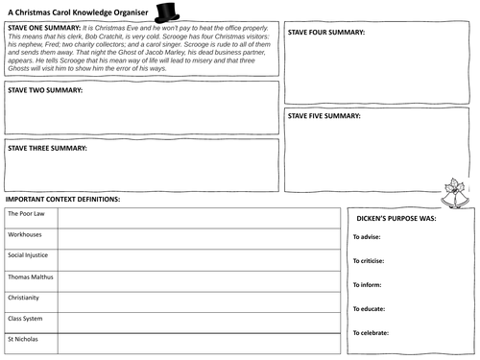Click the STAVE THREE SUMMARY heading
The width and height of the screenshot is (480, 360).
coord(48,149)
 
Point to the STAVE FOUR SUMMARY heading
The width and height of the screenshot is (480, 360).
coord(327,33)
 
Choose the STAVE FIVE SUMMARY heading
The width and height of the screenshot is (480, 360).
coord(325,116)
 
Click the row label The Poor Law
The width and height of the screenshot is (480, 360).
coord(24,213)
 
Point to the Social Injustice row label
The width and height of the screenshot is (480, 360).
coord(28,255)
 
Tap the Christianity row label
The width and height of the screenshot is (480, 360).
coord(24,298)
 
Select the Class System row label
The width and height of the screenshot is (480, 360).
coord(26,318)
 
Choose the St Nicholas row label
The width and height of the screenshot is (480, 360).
coord(23,340)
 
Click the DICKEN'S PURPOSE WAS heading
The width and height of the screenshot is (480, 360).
coord(398,218)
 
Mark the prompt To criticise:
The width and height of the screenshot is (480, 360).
coord(369,260)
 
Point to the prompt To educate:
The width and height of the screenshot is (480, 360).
coord(369,308)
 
